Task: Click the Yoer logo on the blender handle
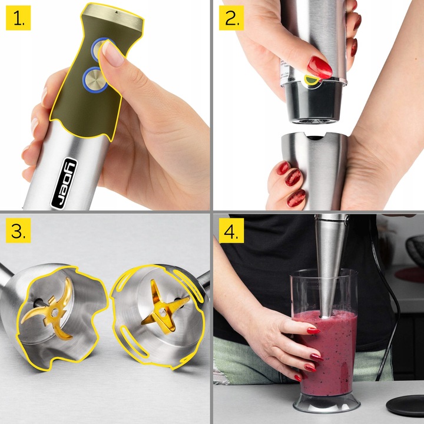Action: pos(65,182)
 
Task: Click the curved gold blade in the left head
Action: pos(50,306)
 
